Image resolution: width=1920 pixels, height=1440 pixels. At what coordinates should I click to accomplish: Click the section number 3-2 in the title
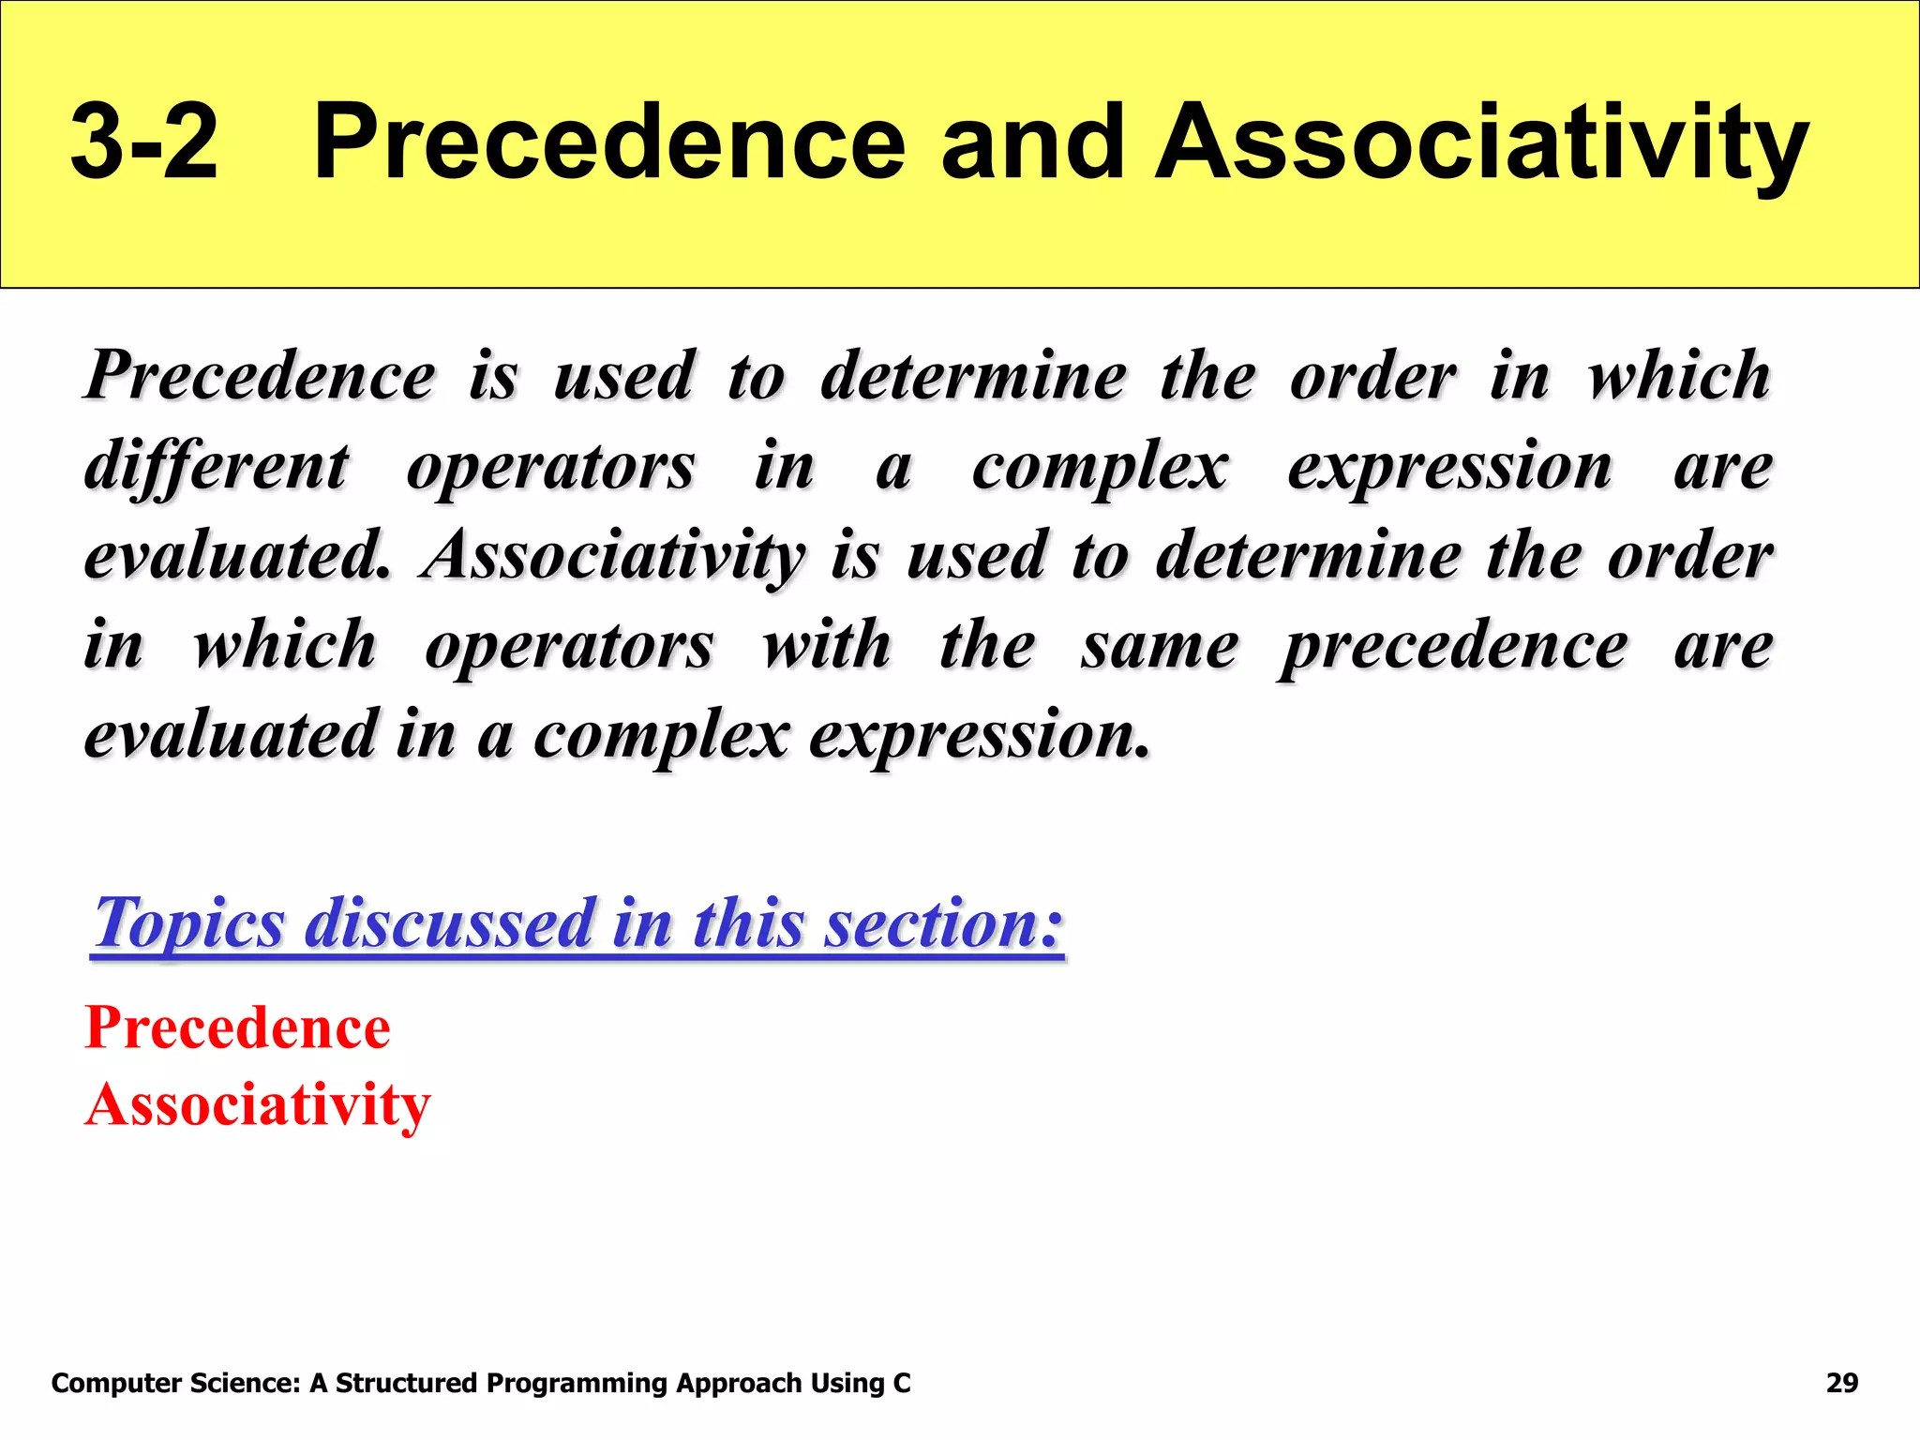[x=144, y=142]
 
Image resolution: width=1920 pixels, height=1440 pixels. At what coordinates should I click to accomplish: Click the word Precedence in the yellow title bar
[x=609, y=142]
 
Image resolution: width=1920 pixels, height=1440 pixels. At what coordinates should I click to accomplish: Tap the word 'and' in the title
[x=1032, y=142]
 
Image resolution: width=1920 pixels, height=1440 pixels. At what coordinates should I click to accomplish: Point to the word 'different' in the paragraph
[x=217, y=466]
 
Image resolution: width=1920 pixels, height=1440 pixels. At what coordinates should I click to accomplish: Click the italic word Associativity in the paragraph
[x=614, y=556]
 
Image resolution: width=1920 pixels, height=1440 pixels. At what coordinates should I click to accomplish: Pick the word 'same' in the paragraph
[x=1160, y=646]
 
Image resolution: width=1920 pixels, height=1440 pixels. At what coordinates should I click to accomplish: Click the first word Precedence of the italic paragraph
[x=261, y=376]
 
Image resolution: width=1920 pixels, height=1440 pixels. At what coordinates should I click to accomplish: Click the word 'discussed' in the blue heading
[x=451, y=923]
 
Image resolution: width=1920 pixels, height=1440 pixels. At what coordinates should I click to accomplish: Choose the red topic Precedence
[x=238, y=1028]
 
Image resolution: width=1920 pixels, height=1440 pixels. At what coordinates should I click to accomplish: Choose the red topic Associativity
[x=258, y=1105]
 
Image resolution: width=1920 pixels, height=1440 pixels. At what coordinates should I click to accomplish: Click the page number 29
[x=1841, y=1384]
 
